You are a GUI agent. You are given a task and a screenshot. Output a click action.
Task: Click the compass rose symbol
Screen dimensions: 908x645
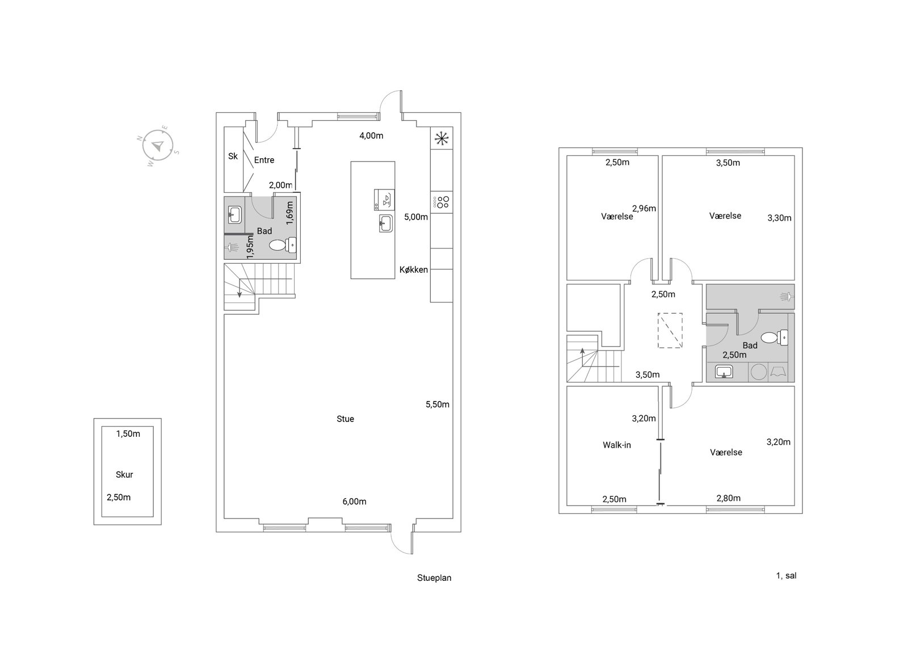(x=158, y=145)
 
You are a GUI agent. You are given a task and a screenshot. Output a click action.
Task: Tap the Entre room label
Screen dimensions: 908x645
(x=264, y=160)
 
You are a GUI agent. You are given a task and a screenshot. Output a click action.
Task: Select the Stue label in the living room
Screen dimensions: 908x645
(x=346, y=419)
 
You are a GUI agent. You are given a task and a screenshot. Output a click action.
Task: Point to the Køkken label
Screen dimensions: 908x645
(x=414, y=270)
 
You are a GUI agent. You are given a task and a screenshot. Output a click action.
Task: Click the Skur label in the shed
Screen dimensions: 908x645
(x=124, y=474)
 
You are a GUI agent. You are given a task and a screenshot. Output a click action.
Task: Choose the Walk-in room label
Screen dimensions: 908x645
(x=617, y=445)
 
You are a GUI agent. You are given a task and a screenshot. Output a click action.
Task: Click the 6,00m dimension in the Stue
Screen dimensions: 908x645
(x=354, y=501)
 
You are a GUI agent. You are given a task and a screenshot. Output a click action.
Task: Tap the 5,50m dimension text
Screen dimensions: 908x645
(x=438, y=404)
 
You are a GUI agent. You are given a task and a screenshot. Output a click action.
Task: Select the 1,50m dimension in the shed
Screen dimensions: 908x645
(x=128, y=434)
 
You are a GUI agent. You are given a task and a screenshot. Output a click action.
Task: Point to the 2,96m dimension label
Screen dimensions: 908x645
(x=644, y=208)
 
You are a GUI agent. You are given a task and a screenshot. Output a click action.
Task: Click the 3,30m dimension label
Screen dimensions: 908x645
(x=780, y=218)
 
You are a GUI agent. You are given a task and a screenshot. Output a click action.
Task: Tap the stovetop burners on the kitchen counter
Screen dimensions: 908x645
(x=442, y=202)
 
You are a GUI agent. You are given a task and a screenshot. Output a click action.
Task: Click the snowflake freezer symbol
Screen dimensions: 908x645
(x=442, y=138)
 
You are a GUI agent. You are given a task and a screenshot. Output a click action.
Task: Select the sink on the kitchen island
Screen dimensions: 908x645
(x=385, y=224)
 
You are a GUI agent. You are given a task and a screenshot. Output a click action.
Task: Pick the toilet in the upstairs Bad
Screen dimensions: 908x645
(x=774, y=338)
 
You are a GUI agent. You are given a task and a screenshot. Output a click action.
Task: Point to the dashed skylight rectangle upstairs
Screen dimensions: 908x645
(x=670, y=330)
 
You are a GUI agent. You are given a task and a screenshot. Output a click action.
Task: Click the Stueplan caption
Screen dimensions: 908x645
(x=434, y=577)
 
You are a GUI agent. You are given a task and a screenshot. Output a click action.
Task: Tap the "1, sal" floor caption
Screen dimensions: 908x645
(x=787, y=576)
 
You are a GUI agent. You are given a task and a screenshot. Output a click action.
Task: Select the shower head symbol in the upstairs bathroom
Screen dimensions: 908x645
(x=787, y=297)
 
